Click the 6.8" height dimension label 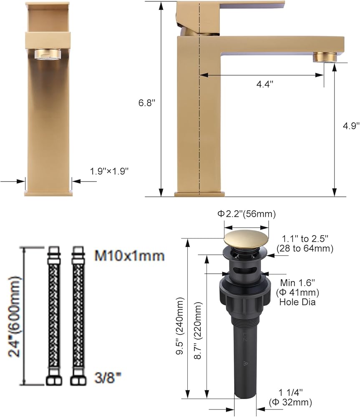[x=146, y=103]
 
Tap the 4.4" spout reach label [x=265, y=84]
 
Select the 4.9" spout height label [x=351, y=126]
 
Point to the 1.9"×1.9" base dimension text [x=109, y=171]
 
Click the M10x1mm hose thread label [x=130, y=256]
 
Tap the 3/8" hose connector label [x=108, y=378]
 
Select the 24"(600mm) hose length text [x=14, y=317]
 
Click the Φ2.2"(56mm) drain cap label [x=247, y=214]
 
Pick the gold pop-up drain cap [x=246, y=238]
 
